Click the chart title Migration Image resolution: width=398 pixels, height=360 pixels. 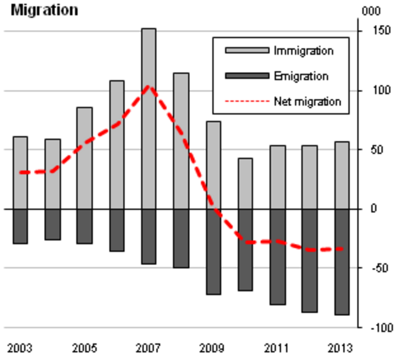[x=45, y=10]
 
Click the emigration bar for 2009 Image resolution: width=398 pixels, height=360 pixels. [x=213, y=251]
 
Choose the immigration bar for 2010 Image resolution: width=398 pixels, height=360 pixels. [x=245, y=183]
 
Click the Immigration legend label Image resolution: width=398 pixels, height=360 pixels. [x=304, y=51]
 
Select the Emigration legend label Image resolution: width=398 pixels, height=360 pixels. [x=301, y=77]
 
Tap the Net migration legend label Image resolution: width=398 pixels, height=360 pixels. [x=307, y=102]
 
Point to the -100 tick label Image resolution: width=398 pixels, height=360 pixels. [x=374, y=328]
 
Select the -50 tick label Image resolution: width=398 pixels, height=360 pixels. [x=374, y=268]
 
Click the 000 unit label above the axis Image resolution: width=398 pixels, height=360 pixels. [x=371, y=11]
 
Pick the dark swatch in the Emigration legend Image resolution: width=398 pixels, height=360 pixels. [x=247, y=77]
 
